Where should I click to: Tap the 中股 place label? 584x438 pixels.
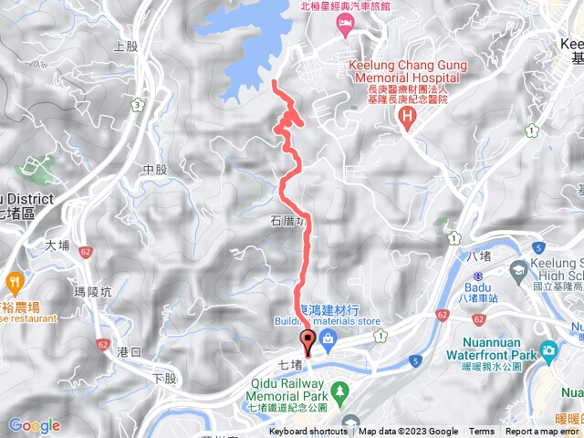pos(155,170)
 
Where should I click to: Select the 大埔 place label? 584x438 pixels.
pos(57,245)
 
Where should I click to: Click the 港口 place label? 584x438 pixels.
pos(130,350)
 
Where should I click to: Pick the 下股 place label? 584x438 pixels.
pos(162,378)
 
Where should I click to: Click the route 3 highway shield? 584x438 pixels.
pos(138,105)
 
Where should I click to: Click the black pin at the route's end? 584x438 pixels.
pos(308,344)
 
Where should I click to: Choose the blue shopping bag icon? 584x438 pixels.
pos(327,339)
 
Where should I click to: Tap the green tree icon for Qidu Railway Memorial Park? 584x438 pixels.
pos(339,390)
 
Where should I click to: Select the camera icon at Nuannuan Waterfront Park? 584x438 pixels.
pos(547,350)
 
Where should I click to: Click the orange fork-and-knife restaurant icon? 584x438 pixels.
pos(13,281)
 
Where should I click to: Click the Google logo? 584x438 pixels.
pos(34,425)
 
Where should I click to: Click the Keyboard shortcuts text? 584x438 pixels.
pos(308,432)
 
